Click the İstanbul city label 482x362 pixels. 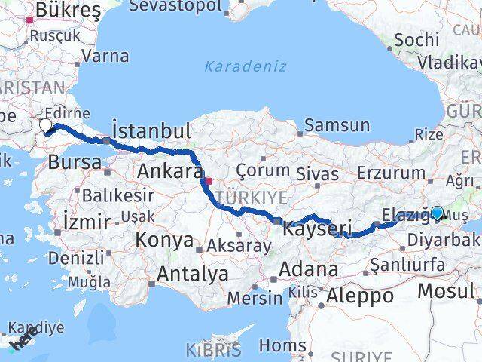pos(151,130)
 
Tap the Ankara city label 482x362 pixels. pos(167,171)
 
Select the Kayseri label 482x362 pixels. pos(317,227)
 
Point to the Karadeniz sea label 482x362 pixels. pos(246,66)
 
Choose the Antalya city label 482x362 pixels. pos(192,273)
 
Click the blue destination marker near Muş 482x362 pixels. pos(437,213)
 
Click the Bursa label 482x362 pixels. pos(75,161)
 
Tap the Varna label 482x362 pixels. pos(104,55)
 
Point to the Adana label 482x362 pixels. pos(308,268)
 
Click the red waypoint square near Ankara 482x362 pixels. pos(209,181)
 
